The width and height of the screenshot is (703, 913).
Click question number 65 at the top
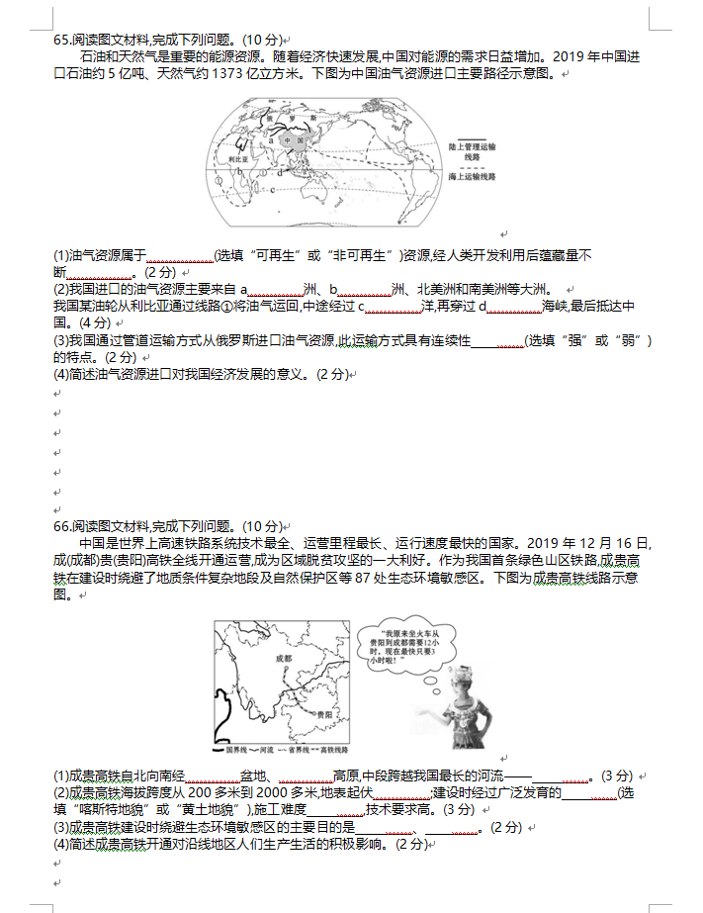coord(62,40)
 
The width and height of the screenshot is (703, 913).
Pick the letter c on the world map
coord(272,190)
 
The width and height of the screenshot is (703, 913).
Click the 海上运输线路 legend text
coord(471,176)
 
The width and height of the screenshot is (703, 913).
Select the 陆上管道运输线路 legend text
coord(471,151)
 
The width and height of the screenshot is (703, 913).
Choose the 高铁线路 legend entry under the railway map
coord(333,750)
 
